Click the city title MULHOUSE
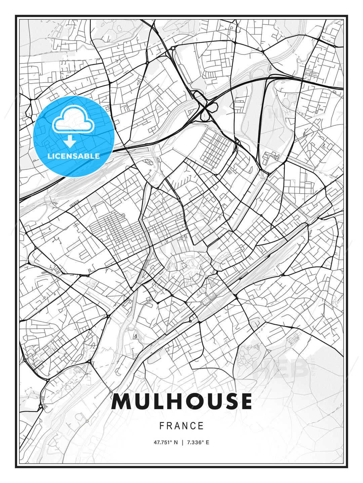point(182,401)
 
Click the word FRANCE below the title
point(182,426)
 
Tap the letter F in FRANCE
point(162,426)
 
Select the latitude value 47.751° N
point(165,442)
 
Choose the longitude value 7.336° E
point(198,442)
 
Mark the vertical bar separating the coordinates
point(183,442)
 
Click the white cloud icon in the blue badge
point(73,120)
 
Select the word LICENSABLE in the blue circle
point(74,156)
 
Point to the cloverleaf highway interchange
point(205,108)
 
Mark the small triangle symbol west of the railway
point(135,336)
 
